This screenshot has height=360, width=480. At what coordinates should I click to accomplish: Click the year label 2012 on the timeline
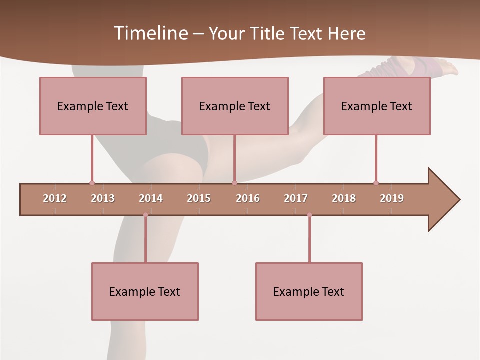(x=55, y=198)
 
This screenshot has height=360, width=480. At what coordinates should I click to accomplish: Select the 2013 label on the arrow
(x=103, y=198)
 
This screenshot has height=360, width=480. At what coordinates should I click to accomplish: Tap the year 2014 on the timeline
(x=151, y=198)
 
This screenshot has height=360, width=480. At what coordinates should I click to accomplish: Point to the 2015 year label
(x=199, y=198)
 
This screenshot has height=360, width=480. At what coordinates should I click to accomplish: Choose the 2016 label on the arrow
(x=248, y=198)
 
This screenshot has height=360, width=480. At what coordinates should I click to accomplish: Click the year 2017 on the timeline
(x=296, y=198)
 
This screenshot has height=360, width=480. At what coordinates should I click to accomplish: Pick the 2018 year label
(x=344, y=198)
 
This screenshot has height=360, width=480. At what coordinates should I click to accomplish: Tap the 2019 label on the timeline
(x=392, y=198)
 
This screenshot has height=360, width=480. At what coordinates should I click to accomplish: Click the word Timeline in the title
(x=150, y=33)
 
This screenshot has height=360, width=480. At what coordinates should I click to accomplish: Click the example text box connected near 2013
(x=93, y=106)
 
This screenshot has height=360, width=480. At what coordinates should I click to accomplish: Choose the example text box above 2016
(x=235, y=106)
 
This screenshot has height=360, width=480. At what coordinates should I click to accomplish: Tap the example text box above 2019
(x=377, y=106)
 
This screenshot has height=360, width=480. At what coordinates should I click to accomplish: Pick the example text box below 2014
(x=145, y=291)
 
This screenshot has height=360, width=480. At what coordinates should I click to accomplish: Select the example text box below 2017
(x=309, y=291)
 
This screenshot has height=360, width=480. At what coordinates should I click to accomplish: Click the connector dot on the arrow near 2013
(x=92, y=183)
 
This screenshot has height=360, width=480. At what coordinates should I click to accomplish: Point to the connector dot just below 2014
(x=145, y=215)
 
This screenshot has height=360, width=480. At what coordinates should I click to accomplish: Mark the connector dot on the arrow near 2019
(x=376, y=183)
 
